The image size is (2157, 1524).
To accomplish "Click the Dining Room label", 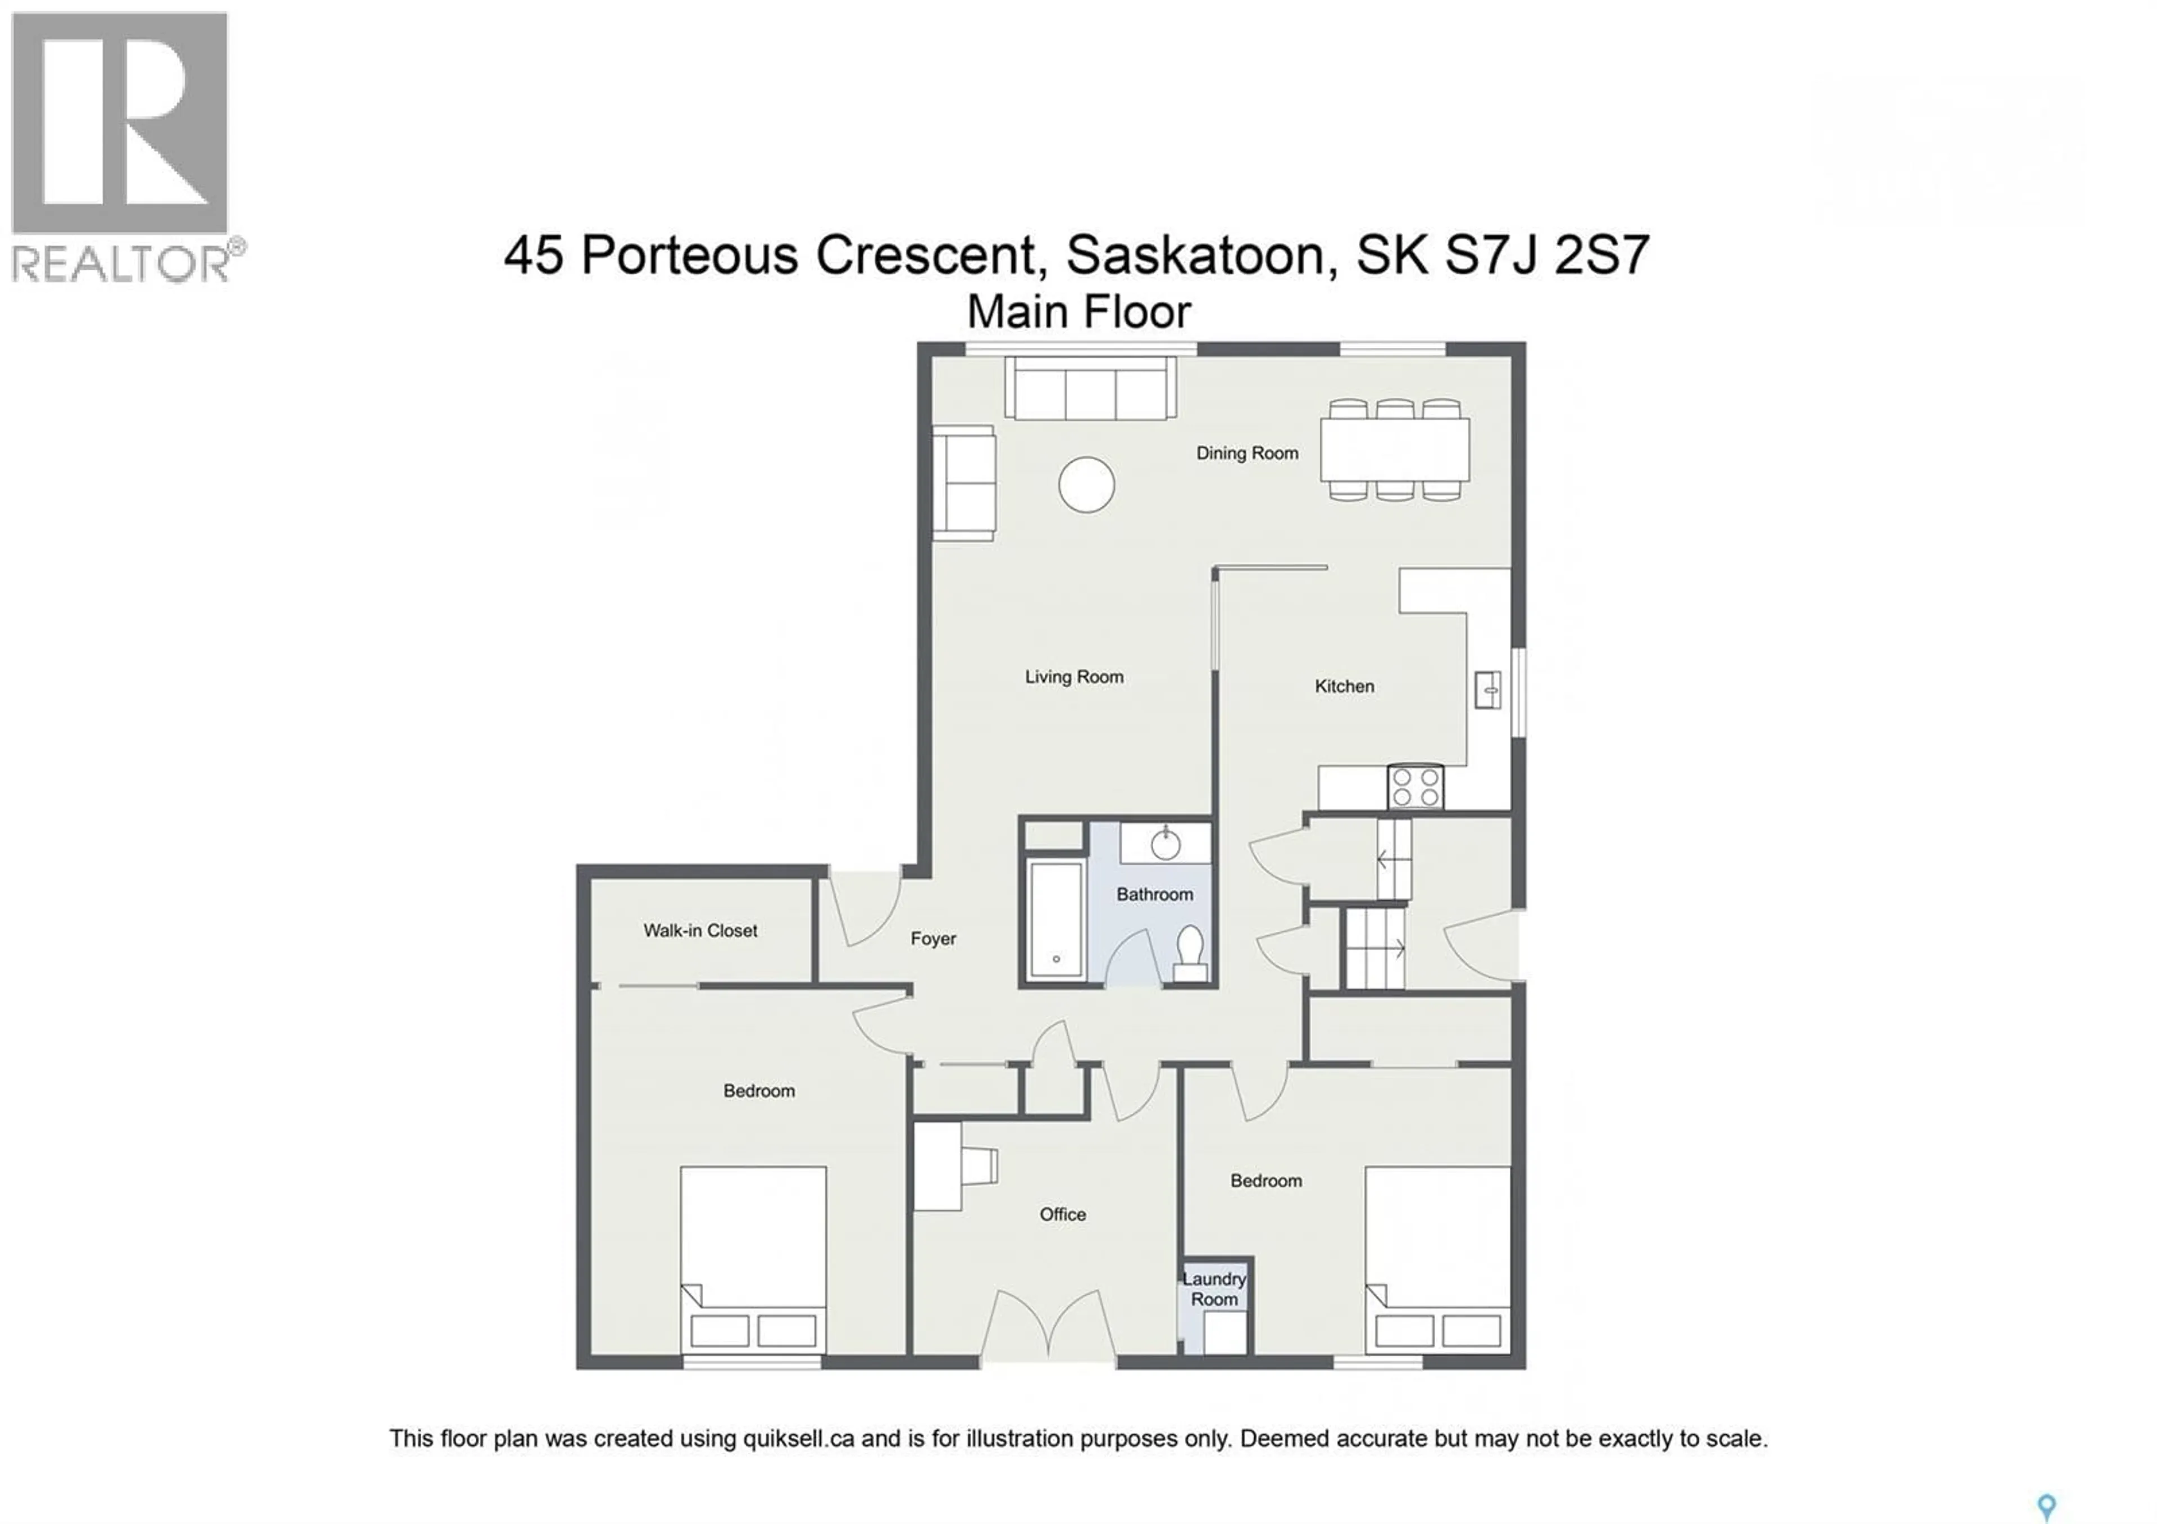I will [1246, 453].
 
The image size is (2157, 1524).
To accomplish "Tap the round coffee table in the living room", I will [1086, 485].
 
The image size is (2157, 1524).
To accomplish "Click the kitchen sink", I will [1487, 690].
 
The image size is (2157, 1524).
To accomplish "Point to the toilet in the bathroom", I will [1190, 952].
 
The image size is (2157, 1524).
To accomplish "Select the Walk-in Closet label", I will [700, 930].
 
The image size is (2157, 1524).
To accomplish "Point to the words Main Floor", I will [1078, 312].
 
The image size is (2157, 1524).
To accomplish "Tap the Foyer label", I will [933, 938].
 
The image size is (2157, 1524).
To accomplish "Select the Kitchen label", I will [1344, 686].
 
